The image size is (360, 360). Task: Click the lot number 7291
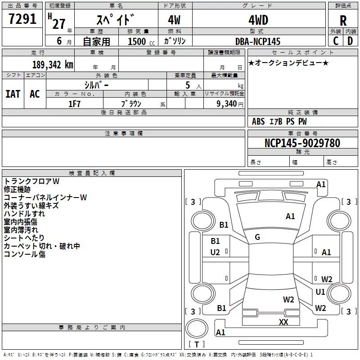(22, 19)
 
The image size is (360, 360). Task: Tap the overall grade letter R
(343, 21)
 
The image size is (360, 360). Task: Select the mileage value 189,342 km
(53, 65)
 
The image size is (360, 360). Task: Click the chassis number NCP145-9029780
(302, 143)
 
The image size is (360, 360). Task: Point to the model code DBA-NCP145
(258, 41)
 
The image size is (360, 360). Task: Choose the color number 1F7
(74, 104)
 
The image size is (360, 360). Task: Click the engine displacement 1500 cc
(141, 41)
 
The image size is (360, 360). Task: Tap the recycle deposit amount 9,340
(227, 104)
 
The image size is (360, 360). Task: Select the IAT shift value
(13, 94)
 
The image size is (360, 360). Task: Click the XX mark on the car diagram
(283, 322)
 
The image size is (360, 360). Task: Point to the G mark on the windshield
(257, 237)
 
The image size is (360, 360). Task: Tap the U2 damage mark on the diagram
(215, 252)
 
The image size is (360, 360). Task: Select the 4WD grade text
(258, 20)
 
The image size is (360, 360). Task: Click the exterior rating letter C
(336, 41)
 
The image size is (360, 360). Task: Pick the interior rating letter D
(350, 41)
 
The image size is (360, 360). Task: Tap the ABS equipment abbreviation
(258, 121)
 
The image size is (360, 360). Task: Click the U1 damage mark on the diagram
(320, 292)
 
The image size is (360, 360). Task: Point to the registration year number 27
(59, 24)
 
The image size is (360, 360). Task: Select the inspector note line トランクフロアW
(31, 181)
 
